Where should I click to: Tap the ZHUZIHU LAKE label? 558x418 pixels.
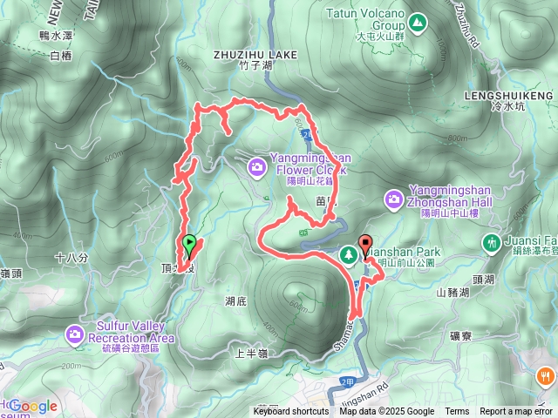(255, 54)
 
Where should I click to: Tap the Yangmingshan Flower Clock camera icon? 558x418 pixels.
(256, 165)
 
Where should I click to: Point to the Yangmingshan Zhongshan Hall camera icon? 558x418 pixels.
(394, 200)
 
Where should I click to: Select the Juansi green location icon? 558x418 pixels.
(493, 240)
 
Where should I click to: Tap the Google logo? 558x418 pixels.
(32, 406)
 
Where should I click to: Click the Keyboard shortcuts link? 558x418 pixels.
(291, 412)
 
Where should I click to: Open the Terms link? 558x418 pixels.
(457, 412)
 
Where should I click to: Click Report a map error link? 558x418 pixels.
(517, 412)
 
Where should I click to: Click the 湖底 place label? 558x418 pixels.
(236, 301)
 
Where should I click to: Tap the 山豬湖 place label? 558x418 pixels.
(453, 293)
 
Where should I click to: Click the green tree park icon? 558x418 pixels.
(349, 253)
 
